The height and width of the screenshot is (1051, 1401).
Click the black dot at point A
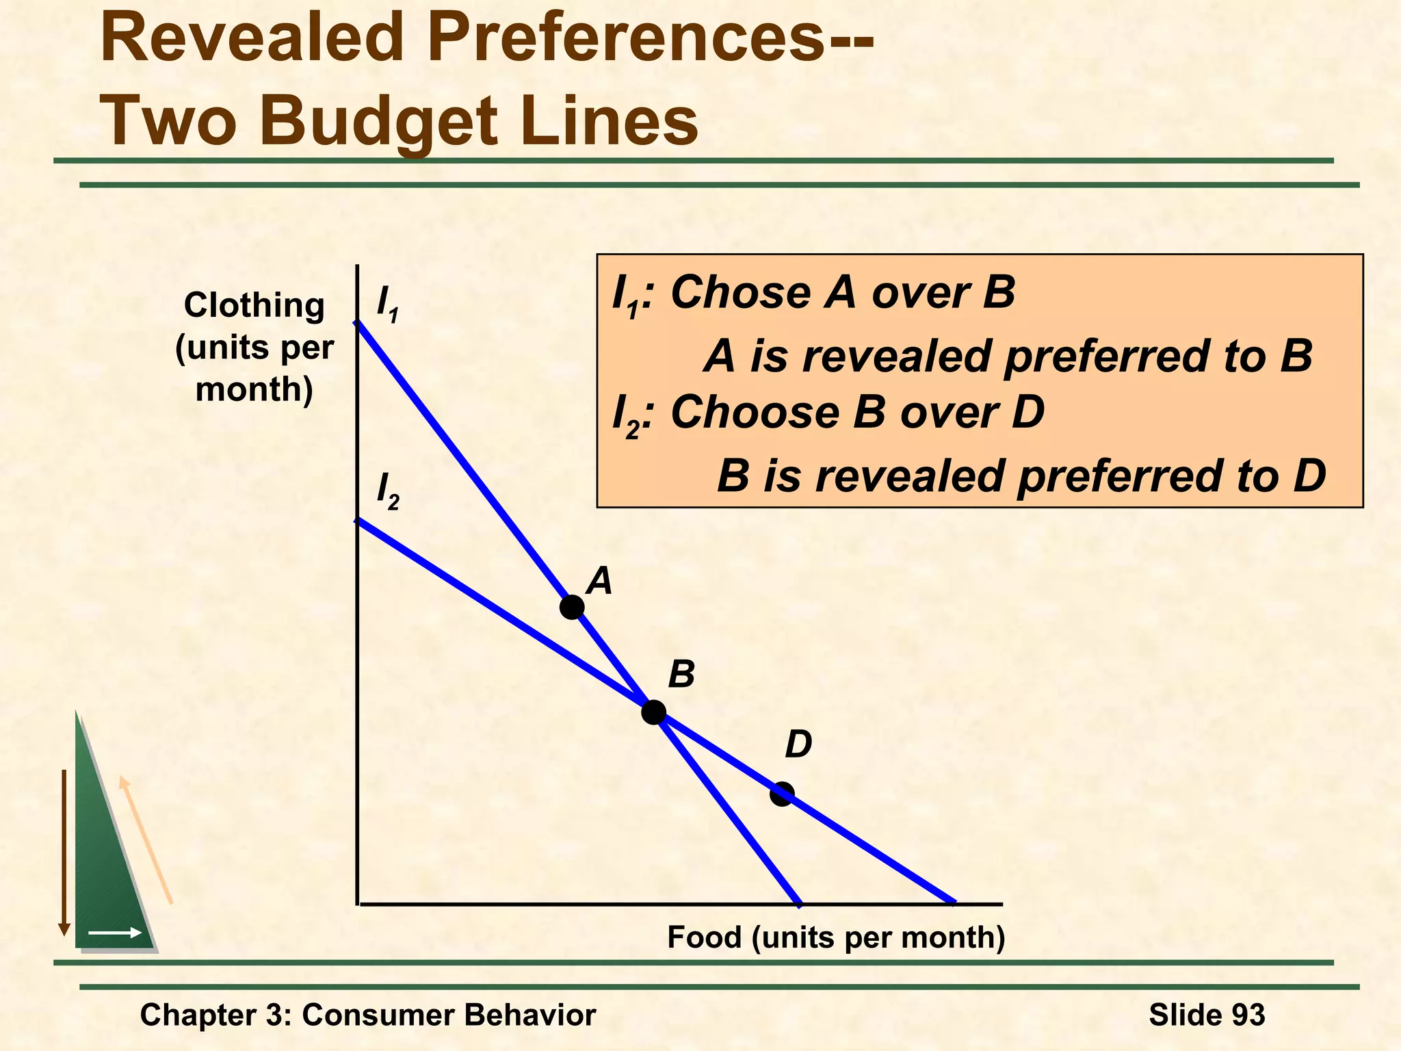point(572,607)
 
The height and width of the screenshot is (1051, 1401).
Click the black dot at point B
point(653,712)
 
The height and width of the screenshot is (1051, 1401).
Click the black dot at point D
point(781,794)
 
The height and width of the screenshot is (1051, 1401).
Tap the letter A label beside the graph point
point(600,581)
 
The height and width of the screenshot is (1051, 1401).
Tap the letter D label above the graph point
point(798,744)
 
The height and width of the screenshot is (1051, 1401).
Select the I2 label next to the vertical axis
point(388,491)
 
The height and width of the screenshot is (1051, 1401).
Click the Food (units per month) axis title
point(836,937)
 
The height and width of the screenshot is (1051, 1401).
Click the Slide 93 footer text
point(1207,1015)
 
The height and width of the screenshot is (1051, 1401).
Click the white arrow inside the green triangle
point(115,933)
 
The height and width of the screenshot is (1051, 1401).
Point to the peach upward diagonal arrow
point(146,840)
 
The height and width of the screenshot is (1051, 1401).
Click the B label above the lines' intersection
point(681,675)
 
